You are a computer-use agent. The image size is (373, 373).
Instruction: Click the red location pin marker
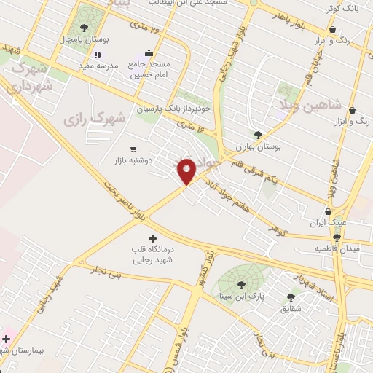pyautogui.click(x=186, y=170)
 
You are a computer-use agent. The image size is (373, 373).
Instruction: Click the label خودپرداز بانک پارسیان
pyautogui.click(x=173, y=108)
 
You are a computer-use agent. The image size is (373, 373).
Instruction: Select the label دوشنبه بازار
pyautogui.click(x=133, y=160)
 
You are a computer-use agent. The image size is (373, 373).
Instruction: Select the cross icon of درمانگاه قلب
pyautogui.click(x=152, y=238)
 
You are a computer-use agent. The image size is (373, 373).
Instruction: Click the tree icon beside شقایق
pyautogui.click(x=291, y=297)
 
